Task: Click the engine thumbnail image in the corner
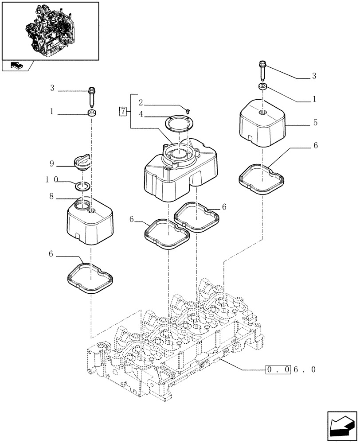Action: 50,30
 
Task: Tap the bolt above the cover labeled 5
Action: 261,70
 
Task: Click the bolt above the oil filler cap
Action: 92,96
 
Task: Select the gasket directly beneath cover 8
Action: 90,278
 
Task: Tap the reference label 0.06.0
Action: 291,369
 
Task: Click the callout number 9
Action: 52,164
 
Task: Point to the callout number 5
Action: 314,122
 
